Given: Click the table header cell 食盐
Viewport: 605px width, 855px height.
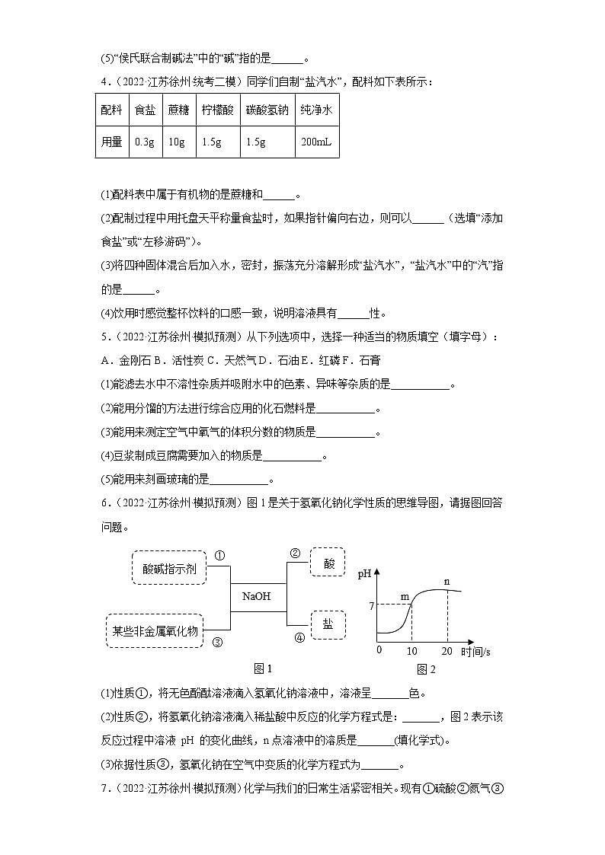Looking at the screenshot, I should [x=145, y=110].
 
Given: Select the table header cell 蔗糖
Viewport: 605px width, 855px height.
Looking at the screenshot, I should [x=178, y=110].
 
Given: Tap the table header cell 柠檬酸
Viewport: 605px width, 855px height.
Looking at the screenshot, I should [x=217, y=110].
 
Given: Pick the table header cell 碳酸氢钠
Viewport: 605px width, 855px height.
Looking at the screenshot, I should [x=267, y=110].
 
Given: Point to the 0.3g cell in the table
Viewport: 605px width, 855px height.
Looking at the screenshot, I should [x=145, y=142].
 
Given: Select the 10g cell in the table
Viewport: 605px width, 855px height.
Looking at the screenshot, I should [x=178, y=142].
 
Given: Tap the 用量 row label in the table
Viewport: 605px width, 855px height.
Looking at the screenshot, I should [x=111, y=142].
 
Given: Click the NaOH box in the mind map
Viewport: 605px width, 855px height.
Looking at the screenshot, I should [x=257, y=596].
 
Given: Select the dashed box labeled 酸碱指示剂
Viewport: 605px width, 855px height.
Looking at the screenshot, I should [x=169, y=568].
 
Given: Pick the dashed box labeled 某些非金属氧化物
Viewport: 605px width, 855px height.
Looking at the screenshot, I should [x=155, y=630].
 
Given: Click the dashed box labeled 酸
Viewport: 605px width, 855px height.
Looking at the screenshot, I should [x=328, y=563].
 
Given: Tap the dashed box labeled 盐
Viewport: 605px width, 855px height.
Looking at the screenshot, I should [x=328, y=624].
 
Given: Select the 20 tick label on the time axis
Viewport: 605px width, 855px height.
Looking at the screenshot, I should [x=447, y=651].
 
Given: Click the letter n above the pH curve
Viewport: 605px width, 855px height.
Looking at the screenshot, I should [x=447, y=582].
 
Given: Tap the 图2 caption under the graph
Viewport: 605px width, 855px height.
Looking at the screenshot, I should [x=426, y=669].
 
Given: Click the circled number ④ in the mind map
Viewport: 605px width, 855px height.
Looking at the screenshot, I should [x=299, y=638].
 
